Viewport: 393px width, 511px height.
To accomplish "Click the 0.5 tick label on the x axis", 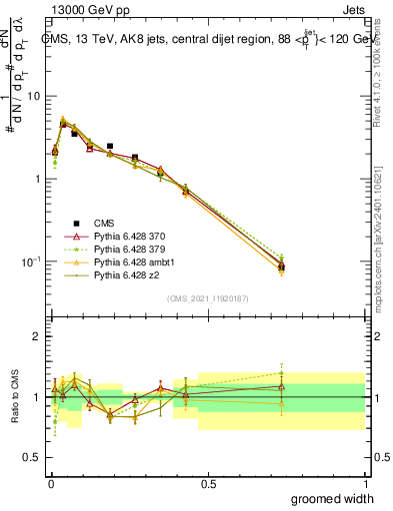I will [208, 484].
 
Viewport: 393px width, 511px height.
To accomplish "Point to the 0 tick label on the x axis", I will [50, 484].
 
